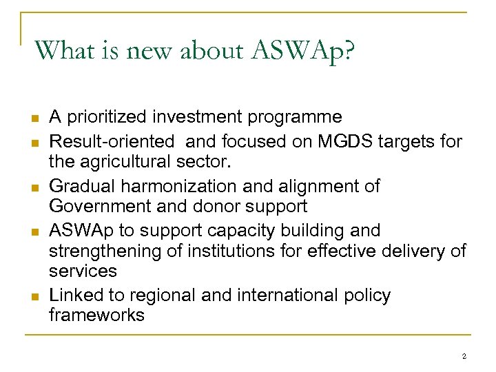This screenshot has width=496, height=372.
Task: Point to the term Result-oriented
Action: click(x=112, y=142)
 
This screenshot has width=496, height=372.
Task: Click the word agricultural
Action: click(x=132, y=162)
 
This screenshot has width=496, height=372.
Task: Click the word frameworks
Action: click(x=96, y=316)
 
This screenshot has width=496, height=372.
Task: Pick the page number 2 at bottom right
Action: click(x=464, y=357)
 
